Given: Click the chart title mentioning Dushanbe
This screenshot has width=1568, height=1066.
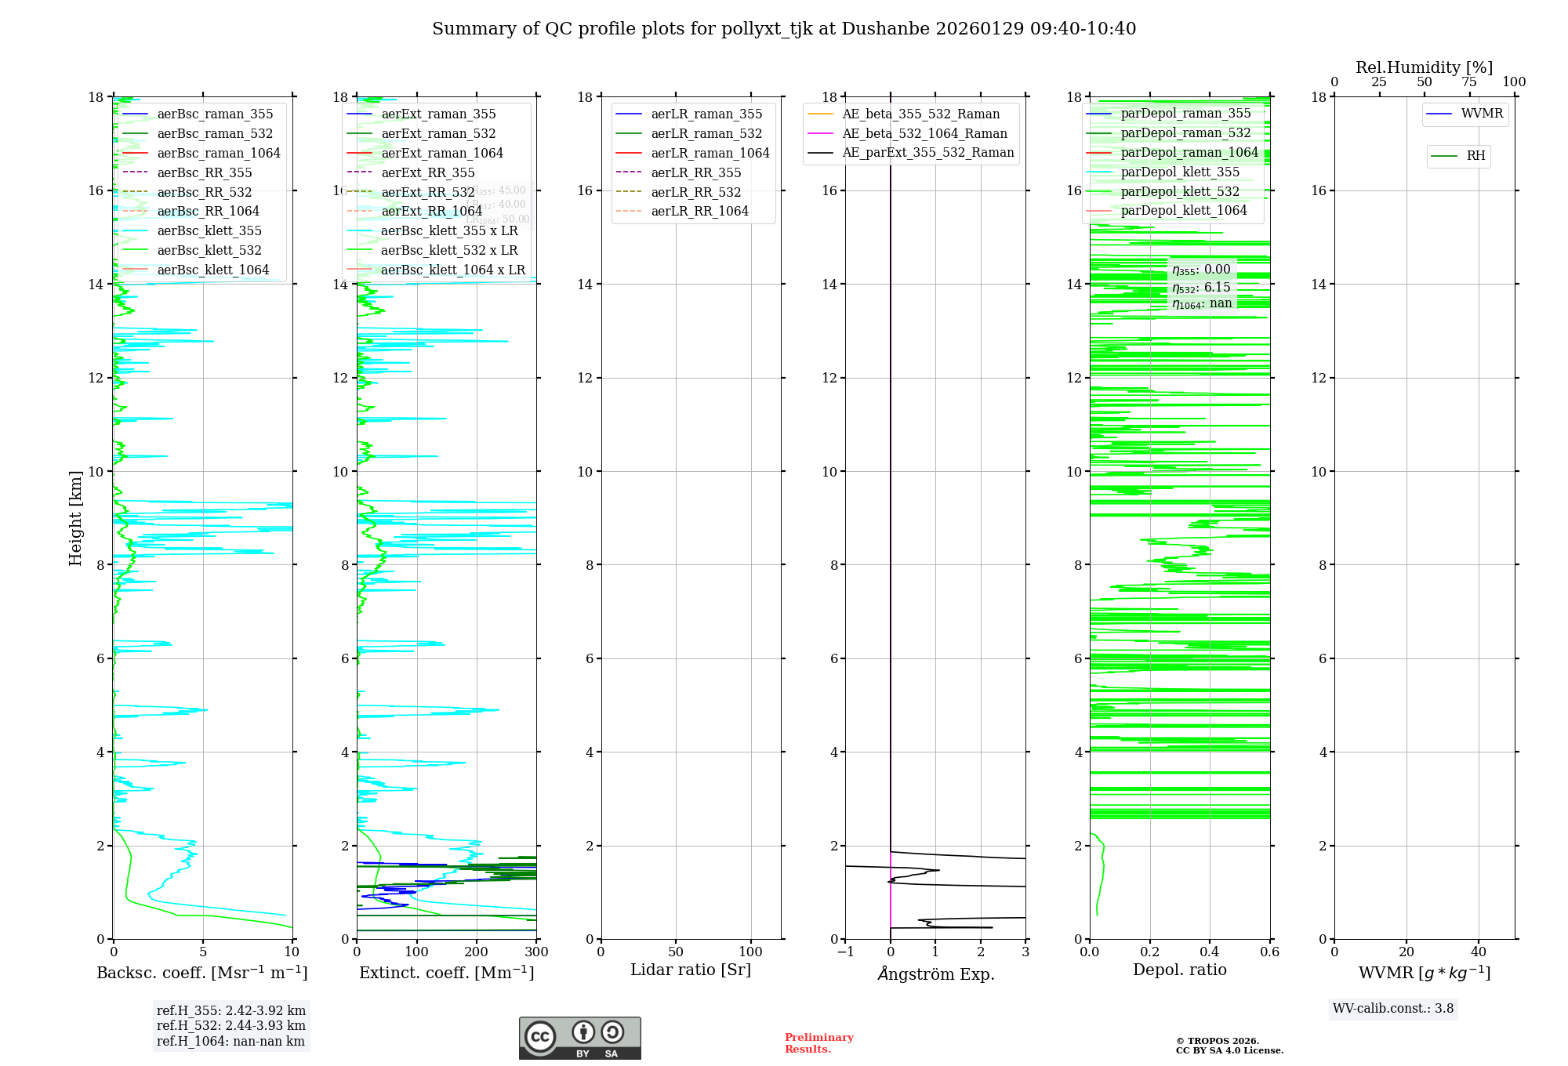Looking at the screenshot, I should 784,29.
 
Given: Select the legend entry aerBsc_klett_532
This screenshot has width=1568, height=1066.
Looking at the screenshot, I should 209,251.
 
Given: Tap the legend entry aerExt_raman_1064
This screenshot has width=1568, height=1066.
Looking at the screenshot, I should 442,154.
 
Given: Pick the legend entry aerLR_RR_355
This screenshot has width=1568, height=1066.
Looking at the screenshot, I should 695,173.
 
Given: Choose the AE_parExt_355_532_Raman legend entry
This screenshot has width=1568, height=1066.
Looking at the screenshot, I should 927,153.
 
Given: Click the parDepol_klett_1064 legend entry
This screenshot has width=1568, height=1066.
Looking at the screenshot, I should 1183,211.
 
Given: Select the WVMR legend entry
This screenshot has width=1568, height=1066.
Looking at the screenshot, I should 1481,114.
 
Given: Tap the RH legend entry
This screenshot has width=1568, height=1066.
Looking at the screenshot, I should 1475,156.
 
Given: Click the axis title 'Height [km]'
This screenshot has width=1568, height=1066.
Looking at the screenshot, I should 75,518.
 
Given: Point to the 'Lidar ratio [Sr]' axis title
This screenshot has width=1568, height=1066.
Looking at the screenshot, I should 691,970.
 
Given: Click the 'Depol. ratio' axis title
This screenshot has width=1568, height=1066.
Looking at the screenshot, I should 1179,970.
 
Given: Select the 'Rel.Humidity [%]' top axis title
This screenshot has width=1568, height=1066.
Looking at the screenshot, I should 1424,68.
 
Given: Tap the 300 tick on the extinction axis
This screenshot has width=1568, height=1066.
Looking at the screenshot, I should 537,952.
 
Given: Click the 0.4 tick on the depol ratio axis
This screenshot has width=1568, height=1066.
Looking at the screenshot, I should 1210,952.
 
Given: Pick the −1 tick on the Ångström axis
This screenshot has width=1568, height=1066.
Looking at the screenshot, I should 844,952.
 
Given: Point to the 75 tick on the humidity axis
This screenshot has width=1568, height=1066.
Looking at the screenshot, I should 1469,82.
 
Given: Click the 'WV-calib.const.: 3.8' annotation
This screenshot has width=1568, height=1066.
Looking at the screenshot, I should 1392,1009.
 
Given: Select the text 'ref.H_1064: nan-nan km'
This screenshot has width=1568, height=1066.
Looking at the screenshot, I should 230,1042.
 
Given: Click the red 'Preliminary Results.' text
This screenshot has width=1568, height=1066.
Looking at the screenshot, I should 818,1043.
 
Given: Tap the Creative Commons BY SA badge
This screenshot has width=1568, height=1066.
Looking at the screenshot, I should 579,1039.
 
